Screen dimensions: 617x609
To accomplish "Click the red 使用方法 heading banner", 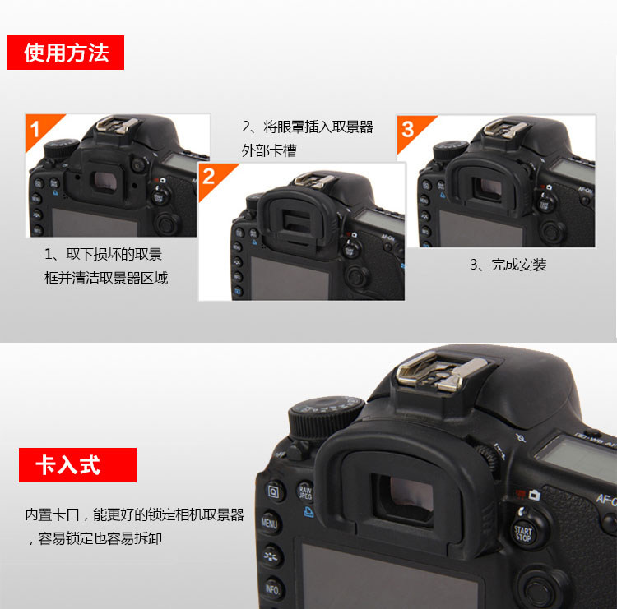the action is (65, 53).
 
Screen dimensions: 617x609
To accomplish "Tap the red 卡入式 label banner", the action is (77, 464).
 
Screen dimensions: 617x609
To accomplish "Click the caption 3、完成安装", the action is (508, 265).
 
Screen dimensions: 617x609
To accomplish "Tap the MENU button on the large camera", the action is (270, 524).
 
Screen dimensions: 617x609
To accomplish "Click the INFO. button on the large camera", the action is (272, 589).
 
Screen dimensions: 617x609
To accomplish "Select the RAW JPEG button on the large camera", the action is (305, 492).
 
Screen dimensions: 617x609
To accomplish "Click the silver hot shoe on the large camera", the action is (441, 372).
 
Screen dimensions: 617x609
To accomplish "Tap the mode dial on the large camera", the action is (326, 418).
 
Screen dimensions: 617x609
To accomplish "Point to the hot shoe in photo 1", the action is (118, 125).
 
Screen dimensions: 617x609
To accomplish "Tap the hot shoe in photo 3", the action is (505, 129).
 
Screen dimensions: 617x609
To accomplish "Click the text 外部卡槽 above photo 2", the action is (269, 150).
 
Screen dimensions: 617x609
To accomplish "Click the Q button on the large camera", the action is (273, 491).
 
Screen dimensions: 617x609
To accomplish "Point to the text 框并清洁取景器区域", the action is (106, 278).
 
